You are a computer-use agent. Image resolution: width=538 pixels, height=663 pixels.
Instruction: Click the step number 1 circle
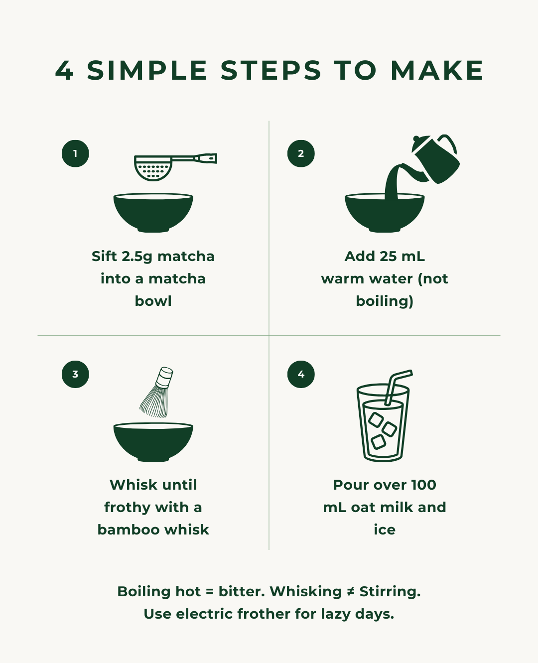pos(75,153)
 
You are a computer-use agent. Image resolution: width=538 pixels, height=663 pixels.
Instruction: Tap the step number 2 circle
pos(301,153)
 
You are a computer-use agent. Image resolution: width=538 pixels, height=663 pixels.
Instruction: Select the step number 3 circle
pos(75,374)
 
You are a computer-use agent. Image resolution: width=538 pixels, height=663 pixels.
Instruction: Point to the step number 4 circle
pos(301,374)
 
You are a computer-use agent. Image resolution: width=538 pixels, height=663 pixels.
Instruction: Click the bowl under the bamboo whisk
pos(153,442)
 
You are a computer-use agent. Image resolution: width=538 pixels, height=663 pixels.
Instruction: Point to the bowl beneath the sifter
pos(153,213)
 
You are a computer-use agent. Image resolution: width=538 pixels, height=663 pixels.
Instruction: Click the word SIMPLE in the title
pos(147,70)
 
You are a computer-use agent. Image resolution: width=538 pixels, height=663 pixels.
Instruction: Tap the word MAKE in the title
pos(437,70)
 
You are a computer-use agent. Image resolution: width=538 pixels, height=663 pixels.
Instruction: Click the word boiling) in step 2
pos(385,301)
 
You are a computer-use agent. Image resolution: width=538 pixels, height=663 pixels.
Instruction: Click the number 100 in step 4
pos(423,485)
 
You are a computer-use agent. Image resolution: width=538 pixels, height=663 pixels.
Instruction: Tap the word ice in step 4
pos(385,530)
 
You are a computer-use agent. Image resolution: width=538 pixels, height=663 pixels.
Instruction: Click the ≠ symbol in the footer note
pos(351,591)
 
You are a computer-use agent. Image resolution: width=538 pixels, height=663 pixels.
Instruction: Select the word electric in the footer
pos(204,614)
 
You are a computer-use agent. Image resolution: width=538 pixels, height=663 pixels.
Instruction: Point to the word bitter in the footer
pos(242,591)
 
